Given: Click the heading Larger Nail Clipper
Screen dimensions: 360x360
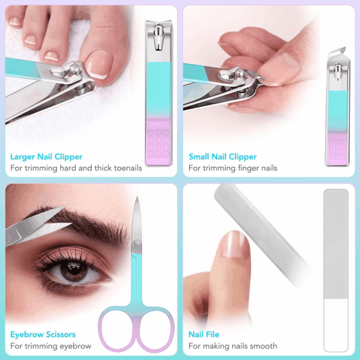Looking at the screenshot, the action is (x=46, y=157).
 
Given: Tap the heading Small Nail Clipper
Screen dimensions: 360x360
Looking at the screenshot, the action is (x=223, y=157).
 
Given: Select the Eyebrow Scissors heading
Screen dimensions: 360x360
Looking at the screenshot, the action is (x=43, y=335).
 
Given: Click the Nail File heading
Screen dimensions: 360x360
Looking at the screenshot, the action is (x=203, y=335).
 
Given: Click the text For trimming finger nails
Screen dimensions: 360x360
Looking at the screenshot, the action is (x=233, y=168).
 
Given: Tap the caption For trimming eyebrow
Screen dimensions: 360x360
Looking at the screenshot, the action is (x=51, y=346).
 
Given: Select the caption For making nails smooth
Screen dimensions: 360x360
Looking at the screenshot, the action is (x=233, y=346).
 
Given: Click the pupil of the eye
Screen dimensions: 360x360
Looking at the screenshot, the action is (x=74, y=268).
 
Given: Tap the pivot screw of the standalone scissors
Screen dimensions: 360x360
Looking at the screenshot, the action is (x=137, y=243).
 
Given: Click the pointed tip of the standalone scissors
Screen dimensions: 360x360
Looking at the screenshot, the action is (x=137, y=197).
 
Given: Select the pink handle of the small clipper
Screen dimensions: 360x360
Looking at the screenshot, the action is (x=337, y=149).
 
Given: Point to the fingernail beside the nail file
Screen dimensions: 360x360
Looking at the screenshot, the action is (x=233, y=244).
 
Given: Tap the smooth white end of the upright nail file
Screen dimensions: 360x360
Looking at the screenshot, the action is (x=336, y=325).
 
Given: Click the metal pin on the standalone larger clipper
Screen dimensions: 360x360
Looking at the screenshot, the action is (x=158, y=37).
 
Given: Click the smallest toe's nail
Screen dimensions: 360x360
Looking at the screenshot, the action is (x=14, y=21).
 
